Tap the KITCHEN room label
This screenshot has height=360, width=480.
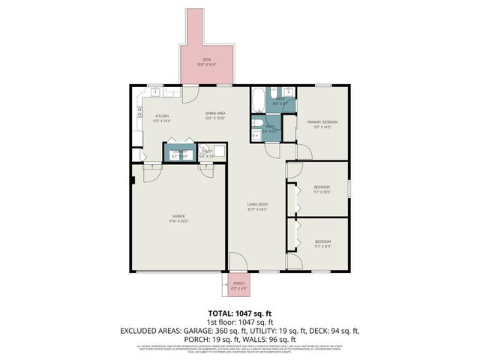161,115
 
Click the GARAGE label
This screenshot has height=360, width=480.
177,216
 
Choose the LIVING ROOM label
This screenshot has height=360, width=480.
259,204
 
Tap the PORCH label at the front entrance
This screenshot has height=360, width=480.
238,283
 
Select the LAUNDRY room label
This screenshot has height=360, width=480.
179,151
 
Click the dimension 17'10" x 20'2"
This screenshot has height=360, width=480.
177,221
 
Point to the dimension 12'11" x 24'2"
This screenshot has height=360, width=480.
259,209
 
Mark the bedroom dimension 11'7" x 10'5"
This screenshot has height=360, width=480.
321,192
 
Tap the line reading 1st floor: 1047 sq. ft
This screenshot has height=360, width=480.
239,321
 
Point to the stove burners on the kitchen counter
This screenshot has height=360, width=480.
139,113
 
